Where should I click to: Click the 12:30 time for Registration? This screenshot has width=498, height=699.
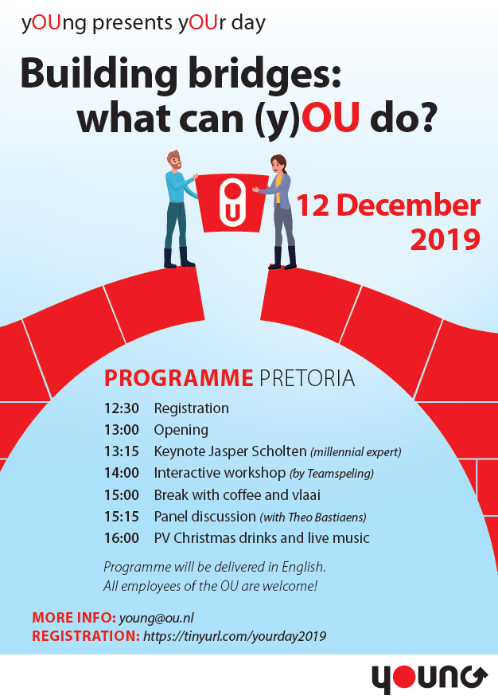[x=121, y=408]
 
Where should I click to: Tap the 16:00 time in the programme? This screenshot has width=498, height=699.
[x=121, y=538]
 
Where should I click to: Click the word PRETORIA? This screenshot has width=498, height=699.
[x=307, y=377]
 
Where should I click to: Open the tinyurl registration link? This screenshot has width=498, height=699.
[x=235, y=636]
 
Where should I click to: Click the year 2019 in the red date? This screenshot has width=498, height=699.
[x=445, y=238]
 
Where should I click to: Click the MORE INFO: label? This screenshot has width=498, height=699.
[x=73, y=618]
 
